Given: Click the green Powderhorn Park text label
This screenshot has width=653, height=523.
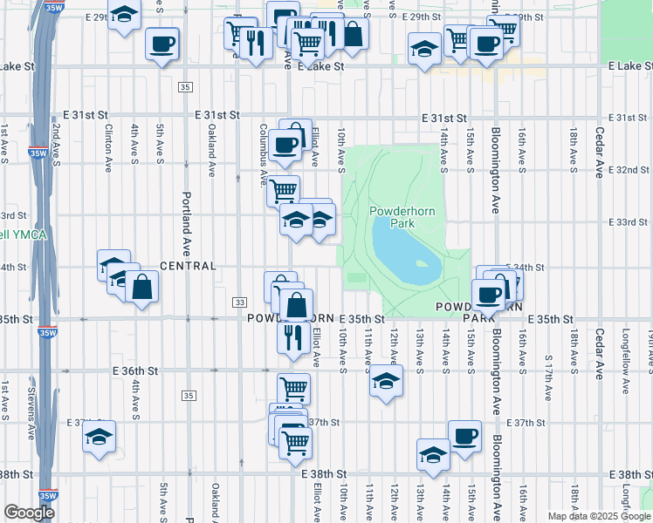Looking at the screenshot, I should coord(402,217).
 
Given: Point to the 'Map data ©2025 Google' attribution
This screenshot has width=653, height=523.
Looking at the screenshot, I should coord(599,516).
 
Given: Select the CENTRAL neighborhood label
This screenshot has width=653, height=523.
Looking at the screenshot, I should coord(188,265).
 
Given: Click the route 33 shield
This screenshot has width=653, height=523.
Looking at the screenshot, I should coord(238,302).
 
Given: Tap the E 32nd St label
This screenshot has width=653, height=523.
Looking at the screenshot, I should coord(627,169).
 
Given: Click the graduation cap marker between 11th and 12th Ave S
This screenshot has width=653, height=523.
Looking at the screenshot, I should coord(386,380).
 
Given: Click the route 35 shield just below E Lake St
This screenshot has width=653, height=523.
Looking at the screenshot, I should coord(185,87).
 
